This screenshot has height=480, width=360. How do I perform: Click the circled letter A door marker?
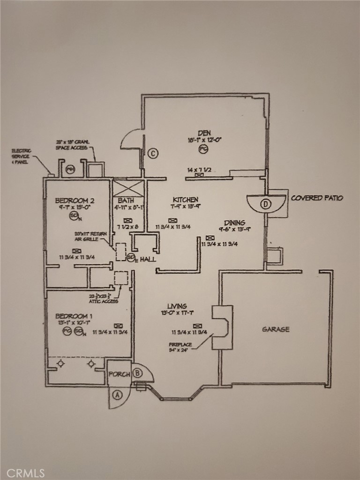click(117, 394)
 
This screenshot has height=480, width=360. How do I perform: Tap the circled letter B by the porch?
click(137, 374)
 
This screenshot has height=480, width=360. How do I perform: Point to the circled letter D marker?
click(266, 204)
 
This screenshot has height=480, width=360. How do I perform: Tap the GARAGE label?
click(275, 329)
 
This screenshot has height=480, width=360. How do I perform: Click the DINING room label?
click(234, 223)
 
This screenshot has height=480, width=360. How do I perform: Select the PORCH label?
click(119, 374)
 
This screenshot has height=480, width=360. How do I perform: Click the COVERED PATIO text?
click(317, 198)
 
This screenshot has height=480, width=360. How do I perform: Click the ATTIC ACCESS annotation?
click(105, 299)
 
